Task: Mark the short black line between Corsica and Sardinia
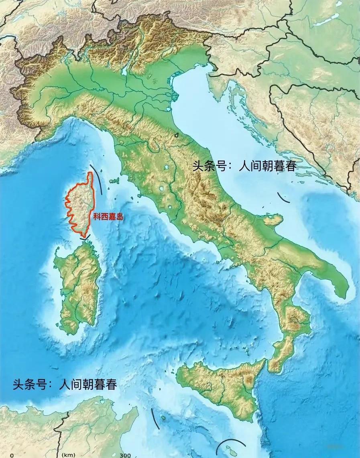(85, 238)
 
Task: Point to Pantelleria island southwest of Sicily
(163, 418)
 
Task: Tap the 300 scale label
(125, 455)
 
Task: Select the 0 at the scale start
(12, 455)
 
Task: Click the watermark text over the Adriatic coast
(244, 166)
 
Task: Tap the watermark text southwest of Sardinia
(65, 384)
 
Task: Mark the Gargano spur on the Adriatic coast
(273, 220)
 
